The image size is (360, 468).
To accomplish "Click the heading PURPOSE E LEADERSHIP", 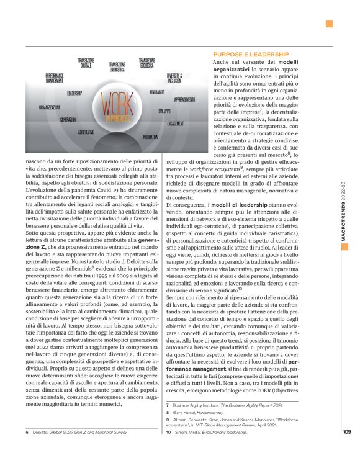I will coord(250,54).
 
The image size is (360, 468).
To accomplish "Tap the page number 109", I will coord(347,450).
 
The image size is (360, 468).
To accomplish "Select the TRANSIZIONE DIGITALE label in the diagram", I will coord(86,63).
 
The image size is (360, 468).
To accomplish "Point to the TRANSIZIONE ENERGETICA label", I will coord(121,67).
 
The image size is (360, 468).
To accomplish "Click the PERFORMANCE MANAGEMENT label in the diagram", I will coord(55,77).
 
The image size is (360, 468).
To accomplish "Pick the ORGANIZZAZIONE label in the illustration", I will coord(49,107).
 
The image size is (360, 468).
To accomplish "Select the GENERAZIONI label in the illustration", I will coord(68,119).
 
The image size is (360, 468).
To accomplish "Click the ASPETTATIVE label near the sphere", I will coord(86,132).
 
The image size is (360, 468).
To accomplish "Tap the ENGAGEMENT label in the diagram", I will coord(175,123).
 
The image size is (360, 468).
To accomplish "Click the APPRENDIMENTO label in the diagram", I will coord(185,99).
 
